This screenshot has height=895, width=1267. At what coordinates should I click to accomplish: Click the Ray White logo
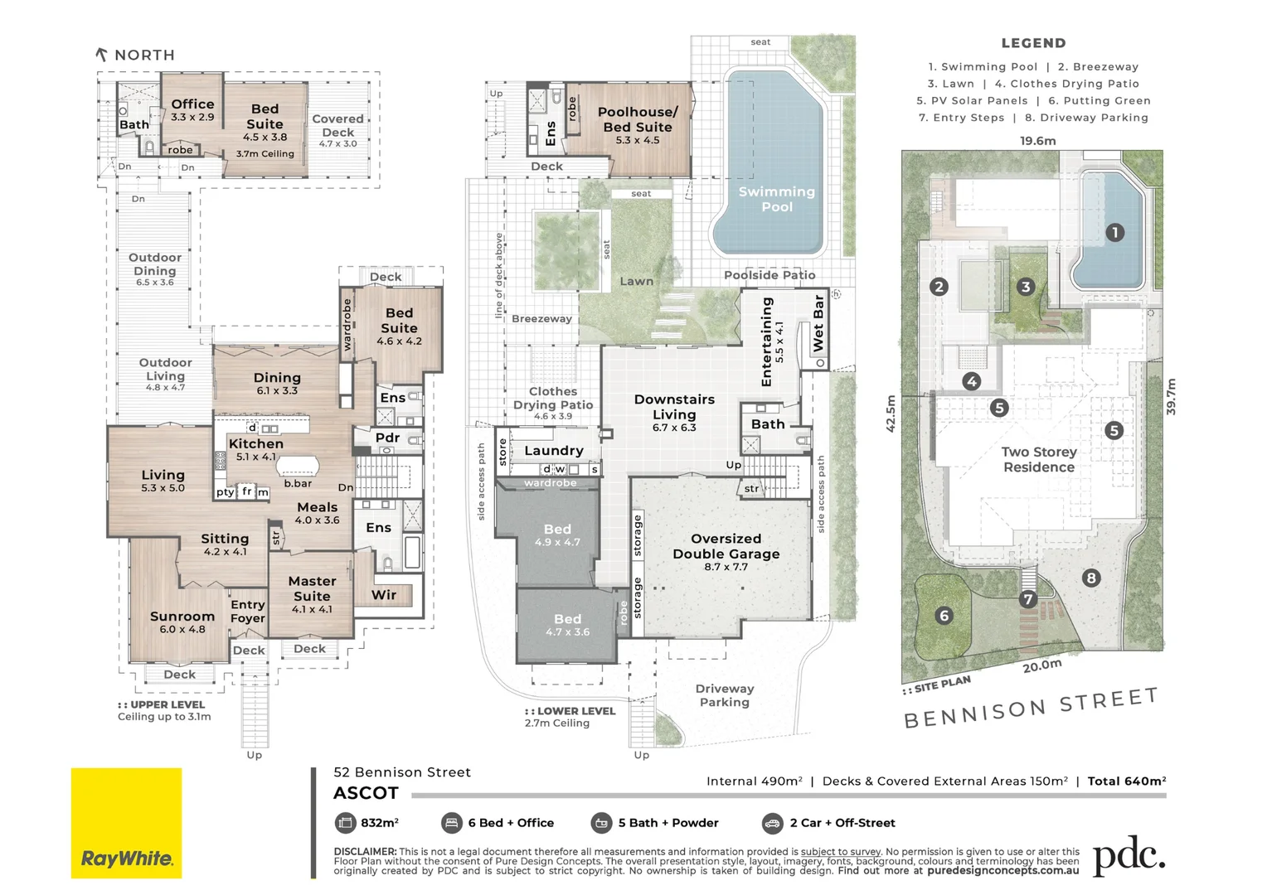pos(126,823)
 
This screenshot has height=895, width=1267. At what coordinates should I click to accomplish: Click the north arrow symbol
pos(101,55)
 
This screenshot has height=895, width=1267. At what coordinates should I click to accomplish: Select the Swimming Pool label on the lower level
pos(776,199)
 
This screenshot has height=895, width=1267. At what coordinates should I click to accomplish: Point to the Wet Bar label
pos(818,322)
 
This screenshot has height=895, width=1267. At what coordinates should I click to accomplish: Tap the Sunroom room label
pos(182,622)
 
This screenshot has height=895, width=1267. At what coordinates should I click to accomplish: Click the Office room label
pos(192,109)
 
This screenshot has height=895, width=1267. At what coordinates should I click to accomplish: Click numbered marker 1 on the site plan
pos(1114,233)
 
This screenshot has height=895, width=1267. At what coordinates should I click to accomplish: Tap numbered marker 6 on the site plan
pos(944,615)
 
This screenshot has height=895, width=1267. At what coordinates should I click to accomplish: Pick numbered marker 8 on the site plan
pos(1091,578)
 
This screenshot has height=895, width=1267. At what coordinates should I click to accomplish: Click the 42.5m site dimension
pos(891,413)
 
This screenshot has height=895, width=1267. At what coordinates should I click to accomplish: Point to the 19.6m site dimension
pos(1037,141)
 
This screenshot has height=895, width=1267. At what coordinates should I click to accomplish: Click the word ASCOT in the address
pos(366,793)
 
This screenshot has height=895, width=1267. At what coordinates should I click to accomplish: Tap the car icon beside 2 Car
pos(772,823)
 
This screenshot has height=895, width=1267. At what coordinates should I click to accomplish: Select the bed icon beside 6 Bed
pos(451,823)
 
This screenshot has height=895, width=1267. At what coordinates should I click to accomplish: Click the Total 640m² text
pos(1126,781)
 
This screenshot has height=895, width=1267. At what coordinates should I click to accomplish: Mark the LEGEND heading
pos(1033,43)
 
